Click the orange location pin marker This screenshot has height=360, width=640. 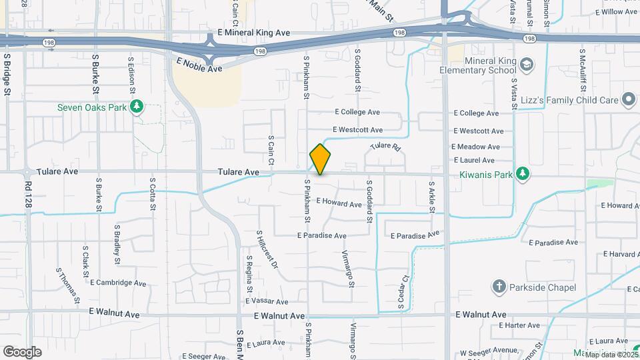click(320, 159)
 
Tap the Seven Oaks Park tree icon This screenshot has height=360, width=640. click(137, 107)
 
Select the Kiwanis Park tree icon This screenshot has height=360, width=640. click(524, 173)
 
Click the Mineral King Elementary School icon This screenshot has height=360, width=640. click(527, 65)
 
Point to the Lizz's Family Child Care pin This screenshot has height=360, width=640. click(627, 100)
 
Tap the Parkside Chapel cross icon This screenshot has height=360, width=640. click(499, 287)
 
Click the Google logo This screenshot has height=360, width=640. click(22, 351)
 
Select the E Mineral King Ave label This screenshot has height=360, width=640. click(254, 32)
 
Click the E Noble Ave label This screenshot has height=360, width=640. click(199, 65)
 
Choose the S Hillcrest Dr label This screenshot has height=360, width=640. click(267, 249)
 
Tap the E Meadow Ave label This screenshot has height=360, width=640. click(475, 147)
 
